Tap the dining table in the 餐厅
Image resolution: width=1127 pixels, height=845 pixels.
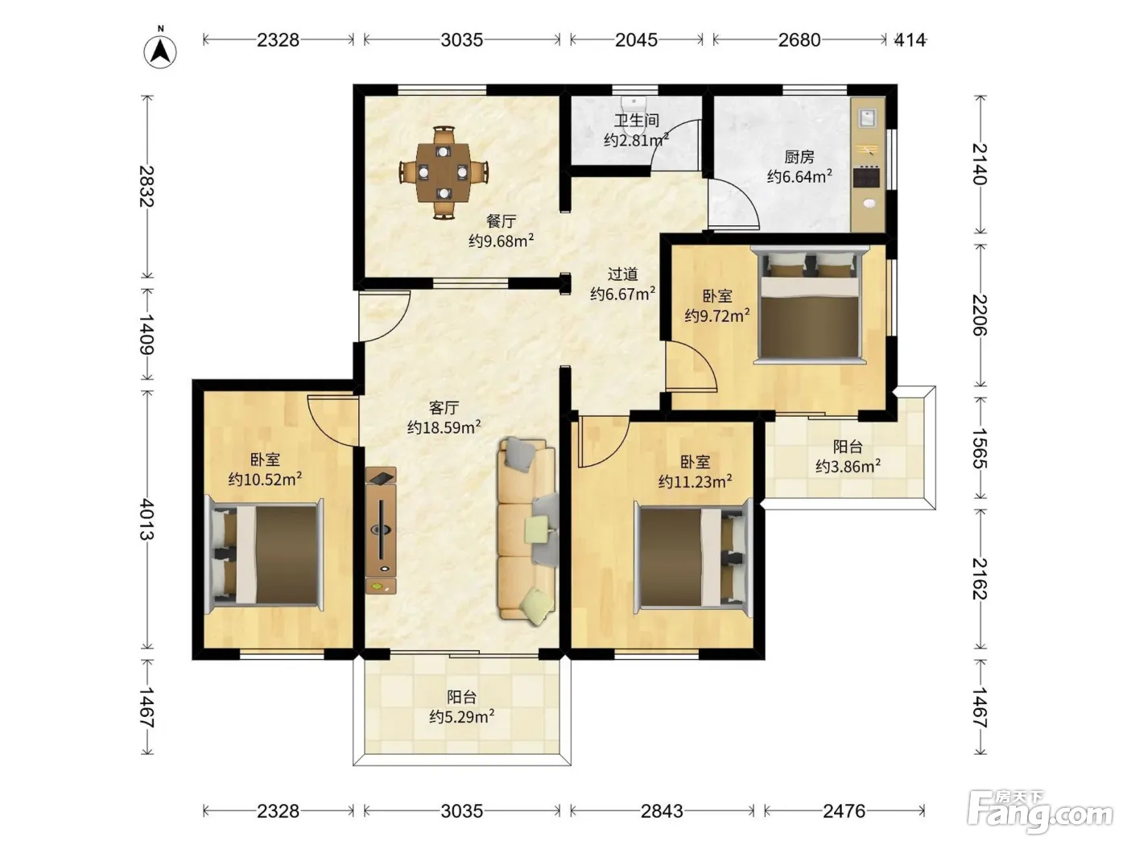pyautogui.click(x=443, y=173)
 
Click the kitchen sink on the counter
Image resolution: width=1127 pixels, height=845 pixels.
pyautogui.click(x=868, y=117)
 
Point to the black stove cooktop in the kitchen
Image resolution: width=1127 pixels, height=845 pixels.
pyautogui.click(x=867, y=178)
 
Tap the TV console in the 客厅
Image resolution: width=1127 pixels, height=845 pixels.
pyautogui.click(x=381, y=530)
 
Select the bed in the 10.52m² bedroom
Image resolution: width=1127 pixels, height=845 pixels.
pyautogui.click(x=264, y=554)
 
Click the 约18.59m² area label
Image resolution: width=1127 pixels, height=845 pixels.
pyautogui.click(x=444, y=427)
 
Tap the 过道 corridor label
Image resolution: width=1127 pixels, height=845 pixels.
pyautogui.click(x=623, y=274)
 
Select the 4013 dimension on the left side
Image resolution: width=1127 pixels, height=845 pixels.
pyautogui.click(x=147, y=519)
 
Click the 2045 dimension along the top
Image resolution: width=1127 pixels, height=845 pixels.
pyautogui.click(x=636, y=40)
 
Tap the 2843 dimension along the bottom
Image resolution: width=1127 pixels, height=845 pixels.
pyautogui.click(x=662, y=811)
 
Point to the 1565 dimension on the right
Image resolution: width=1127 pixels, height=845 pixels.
pyautogui.click(x=980, y=448)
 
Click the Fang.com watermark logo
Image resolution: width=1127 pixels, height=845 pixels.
pyautogui.click(x=1040, y=813)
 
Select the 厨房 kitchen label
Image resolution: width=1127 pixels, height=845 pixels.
pyautogui.click(x=799, y=156)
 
